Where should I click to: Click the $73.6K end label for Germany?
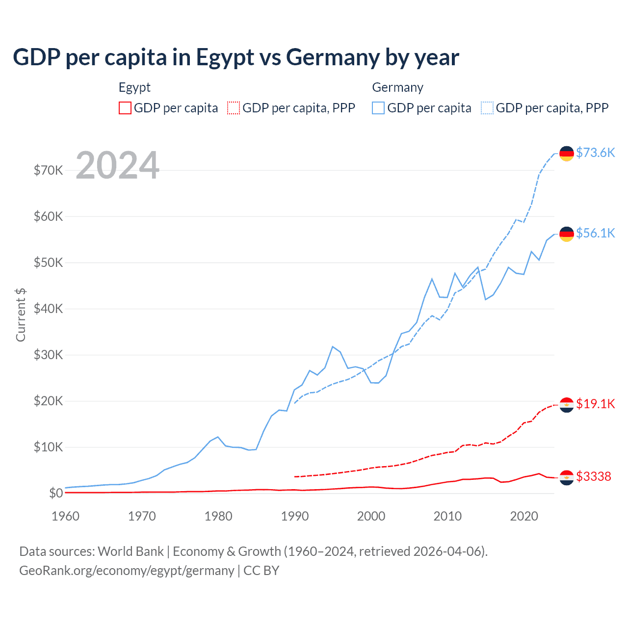595,153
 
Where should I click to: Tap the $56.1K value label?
595,233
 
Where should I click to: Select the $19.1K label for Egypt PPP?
595,404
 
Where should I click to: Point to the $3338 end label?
593,476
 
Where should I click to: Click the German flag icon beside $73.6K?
567,154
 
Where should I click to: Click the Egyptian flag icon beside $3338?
567,477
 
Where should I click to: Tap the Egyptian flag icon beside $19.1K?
567,405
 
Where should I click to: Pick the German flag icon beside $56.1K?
567,234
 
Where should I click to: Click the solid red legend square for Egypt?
125,108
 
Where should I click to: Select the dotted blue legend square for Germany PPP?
487,108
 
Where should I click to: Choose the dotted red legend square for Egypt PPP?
234,108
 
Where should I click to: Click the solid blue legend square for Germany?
378,108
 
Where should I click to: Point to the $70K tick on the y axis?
48,170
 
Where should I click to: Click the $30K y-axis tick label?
48,355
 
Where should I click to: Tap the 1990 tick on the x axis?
295,516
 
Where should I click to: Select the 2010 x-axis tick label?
447,516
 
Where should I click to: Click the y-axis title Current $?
21,315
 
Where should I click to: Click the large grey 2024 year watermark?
117,165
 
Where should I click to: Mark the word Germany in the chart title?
333,57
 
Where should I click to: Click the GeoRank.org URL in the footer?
127,571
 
